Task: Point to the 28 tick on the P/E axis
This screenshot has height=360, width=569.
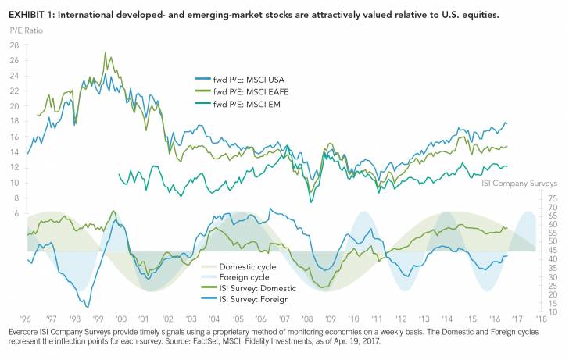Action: click(x=14, y=46)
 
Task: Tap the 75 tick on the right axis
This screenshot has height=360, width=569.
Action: click(x=553, y=198)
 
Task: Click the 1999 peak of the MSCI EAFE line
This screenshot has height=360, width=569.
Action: click(x=105, y=53)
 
